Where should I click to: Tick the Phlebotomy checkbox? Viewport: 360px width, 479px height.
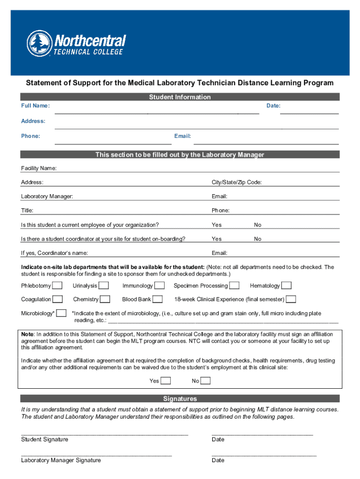coord(58,285)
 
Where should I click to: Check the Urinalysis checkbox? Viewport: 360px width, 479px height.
coord(104,285)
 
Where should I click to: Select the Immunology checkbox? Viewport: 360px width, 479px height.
coord(159,285)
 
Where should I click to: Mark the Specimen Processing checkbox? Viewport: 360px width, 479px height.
coord(234,285)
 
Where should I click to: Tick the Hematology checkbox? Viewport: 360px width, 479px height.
coord(286,285)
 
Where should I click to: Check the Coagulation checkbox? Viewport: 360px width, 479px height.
coord(58,299)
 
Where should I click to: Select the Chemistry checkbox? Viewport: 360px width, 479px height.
coord(105,299)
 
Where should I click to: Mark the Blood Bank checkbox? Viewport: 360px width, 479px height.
coord(158,299)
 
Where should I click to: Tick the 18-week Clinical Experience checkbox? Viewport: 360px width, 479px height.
coord(291,299)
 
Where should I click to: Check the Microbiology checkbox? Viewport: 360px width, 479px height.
coord(61,313)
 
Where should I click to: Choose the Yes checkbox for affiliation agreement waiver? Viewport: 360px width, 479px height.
coord(166,381)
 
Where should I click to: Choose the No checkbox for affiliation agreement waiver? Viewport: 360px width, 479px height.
coord(205,381)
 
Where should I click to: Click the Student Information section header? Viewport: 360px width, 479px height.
coord(180,97)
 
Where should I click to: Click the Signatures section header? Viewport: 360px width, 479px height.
coord(180,399)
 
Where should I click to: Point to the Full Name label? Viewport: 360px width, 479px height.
coord(35,106)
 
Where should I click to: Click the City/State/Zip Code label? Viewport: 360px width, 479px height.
coord(237,182)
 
